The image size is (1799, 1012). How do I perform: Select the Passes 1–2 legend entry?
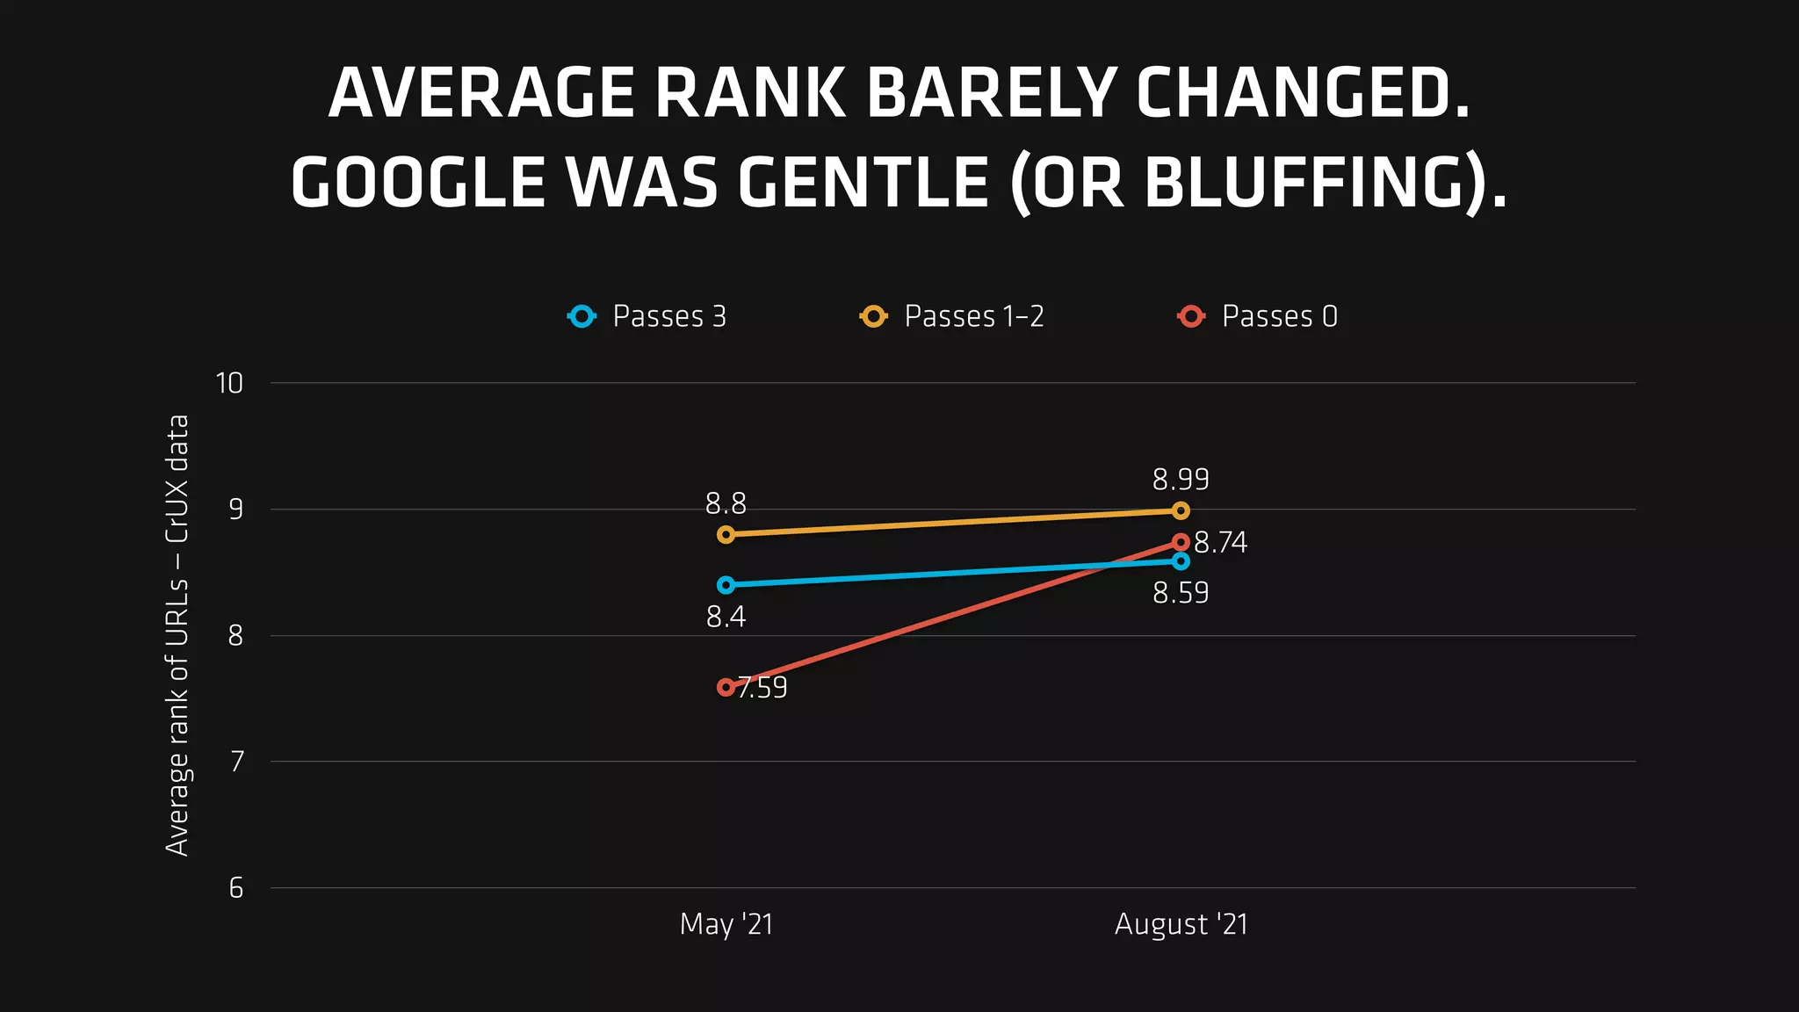click(952, 316)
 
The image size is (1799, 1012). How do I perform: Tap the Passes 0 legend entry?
click(1258, 316)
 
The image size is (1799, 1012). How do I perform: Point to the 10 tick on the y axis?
click(229, 383)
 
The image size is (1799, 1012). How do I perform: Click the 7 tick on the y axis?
click(235, 762)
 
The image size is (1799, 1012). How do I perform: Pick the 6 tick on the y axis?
click(235, 888)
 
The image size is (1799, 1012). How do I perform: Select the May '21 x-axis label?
click(726, 924)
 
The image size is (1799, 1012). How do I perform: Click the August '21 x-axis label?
click(1181, 924)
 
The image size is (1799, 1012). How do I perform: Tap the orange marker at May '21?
click(726, 534)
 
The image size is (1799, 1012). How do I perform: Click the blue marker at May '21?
click(726, 585)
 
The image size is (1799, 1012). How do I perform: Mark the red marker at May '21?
click(726, 687)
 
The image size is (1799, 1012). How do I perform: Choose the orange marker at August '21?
click(1181, 510)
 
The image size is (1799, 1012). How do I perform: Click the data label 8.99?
click(1181, 480)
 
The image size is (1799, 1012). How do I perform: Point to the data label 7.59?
click(762, 688)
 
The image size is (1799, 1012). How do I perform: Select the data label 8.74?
click(1220, 543)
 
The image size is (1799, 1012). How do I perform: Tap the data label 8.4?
click(726, 618)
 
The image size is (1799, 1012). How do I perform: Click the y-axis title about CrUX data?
click(177, 634)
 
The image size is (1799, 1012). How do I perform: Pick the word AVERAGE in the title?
click(481, 93)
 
